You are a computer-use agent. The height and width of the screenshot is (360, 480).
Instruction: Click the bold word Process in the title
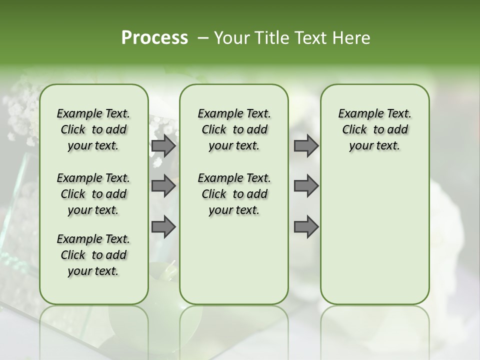pyautogui.click(x=154, y=38)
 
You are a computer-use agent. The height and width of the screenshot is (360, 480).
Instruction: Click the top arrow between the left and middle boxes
pyautogui.click(x=163, y=146)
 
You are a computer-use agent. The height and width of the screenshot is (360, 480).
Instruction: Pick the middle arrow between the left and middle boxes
pyautogui.click(x=163, y=186)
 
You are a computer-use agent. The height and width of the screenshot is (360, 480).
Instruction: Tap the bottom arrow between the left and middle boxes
pyautogui.click(x=163, y=227)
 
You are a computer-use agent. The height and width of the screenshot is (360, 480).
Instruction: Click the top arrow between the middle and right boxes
pyautogui.click(x=306, y=146)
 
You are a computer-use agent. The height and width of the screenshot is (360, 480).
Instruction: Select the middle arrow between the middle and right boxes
pyautogui.click(x=306, y=186)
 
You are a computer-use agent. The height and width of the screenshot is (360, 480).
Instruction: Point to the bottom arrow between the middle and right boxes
pyautogui.click(x=306, y=227)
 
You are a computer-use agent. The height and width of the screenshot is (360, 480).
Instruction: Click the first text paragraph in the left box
pyautogui.click(x=93, y=129)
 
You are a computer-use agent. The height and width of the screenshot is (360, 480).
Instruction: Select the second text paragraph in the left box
pyautogui.click(x=93, y=194)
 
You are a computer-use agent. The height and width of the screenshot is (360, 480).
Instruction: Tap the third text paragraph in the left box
pyautogui.click(x=93, y=255)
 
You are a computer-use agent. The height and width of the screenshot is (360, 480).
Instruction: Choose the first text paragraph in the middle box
pyautogui.click(x=234, y=129)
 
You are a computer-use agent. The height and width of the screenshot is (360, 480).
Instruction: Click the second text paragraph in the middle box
pyautogui.click(x=234, y=194)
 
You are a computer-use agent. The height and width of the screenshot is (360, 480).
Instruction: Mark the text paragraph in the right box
pyautogui.click(x=374, y=129)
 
